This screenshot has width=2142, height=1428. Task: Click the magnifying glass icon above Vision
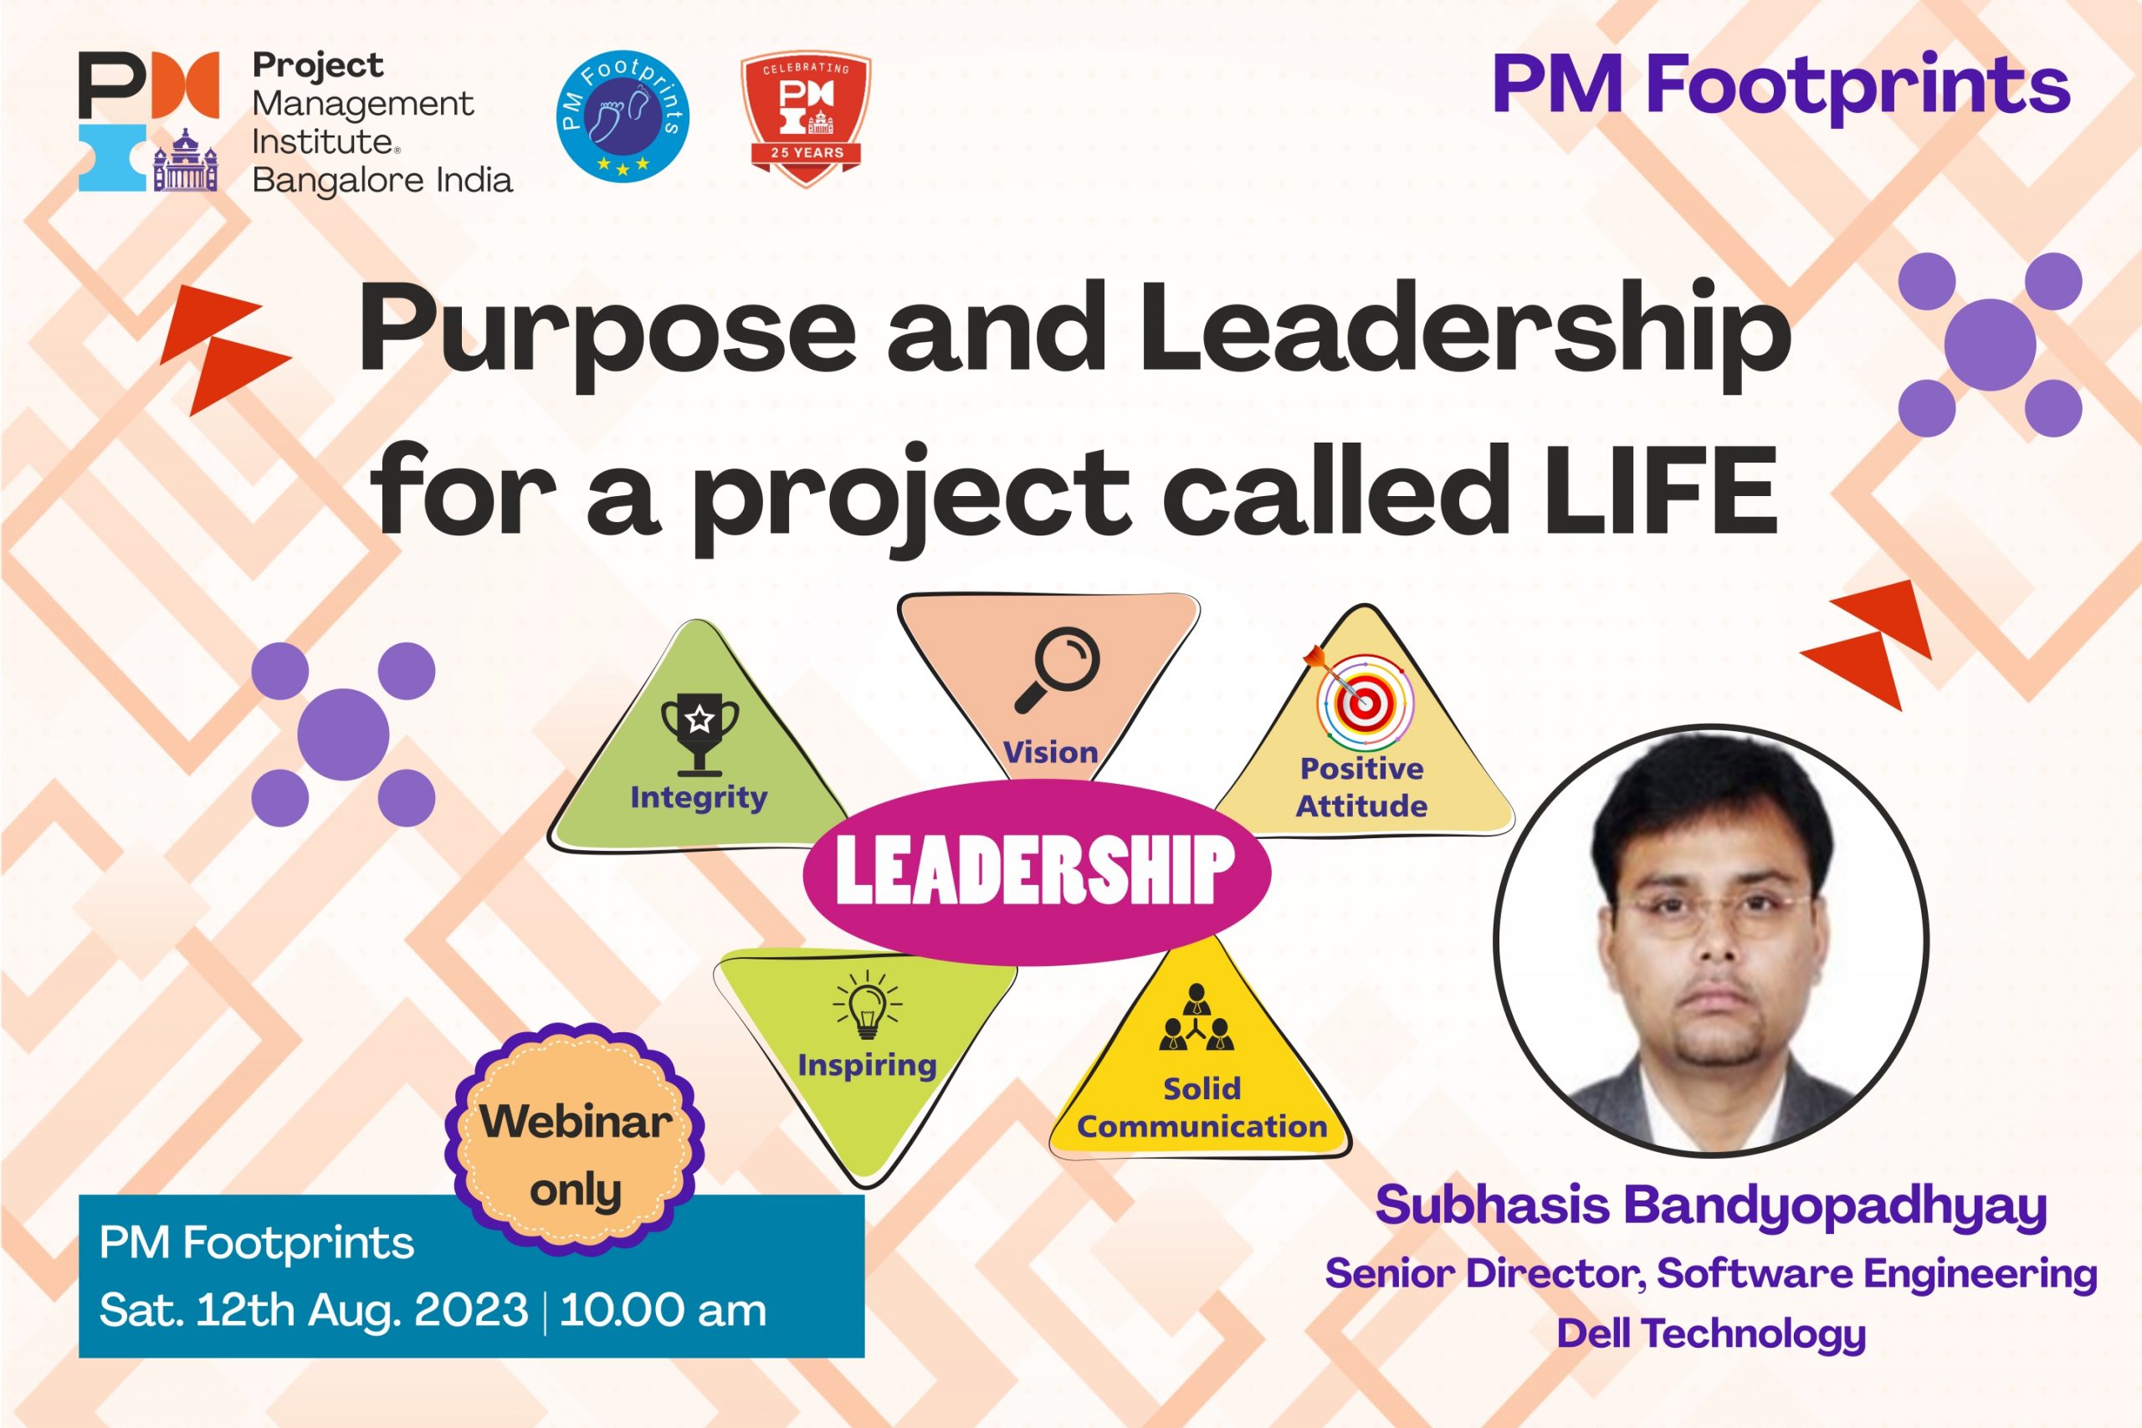coord(1057,669)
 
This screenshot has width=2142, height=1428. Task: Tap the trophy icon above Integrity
coord(699,734)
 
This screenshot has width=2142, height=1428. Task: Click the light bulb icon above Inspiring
coord(867,1005)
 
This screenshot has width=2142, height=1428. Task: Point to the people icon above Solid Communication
coord(1196,1017)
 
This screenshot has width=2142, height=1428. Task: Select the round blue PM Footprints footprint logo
coord(623,115)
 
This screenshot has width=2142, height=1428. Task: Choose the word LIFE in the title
coord(1661,491)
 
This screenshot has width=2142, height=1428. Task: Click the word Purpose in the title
coord(607,333)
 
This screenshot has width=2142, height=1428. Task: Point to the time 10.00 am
coord(663,1311)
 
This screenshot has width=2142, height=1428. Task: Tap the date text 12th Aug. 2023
coord(362,1311)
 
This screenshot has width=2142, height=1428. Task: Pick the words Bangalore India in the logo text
coord(382,181)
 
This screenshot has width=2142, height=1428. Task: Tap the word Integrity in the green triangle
coord(699,798)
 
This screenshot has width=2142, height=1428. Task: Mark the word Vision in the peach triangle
coord(1050,752)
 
